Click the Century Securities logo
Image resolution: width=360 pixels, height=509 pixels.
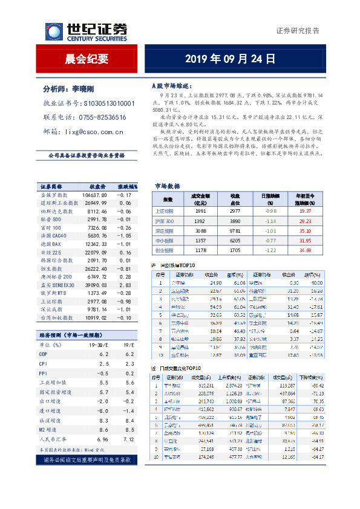point(87,31)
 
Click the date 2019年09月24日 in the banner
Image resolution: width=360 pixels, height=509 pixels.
point(229,59)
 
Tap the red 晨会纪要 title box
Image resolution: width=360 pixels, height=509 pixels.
point(87,59)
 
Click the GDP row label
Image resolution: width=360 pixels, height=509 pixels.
point(44,354)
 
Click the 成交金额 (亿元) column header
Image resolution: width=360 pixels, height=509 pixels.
point(201,199)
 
